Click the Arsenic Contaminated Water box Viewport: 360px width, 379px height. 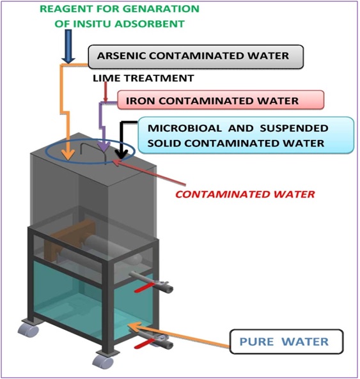pyautogui.click(x=196, y=57)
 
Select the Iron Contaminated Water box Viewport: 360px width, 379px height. pyautogui.click(x=221, y=100)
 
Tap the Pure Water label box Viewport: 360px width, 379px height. pyautogui.click(x=286, y=341)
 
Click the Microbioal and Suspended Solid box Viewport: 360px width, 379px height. pyautogui.click(x=246, y=135)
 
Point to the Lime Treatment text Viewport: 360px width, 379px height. pyautogui.click(x=143, y=79)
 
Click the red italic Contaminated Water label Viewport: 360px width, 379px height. pyautogui.click(x=245, y=194)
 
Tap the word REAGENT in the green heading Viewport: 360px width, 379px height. pyautogui.click(x=65, y=9)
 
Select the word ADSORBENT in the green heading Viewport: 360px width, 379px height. pyautogui.click(x=150, y=24)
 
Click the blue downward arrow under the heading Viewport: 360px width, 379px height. pyautogui.click(x=68, y=47)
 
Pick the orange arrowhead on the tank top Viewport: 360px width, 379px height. pyautogui.click(x=68, y=154)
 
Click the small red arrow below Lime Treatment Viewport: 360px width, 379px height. pyautogui.click(x=105, y=92)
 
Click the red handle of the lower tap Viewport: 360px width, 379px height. pyautogui.click(x=145, y=343)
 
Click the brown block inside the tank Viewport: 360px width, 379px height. pyautogui.click(x=70, y=239)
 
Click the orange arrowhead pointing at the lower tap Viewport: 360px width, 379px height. pyautogui.click(x=137, y=327)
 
